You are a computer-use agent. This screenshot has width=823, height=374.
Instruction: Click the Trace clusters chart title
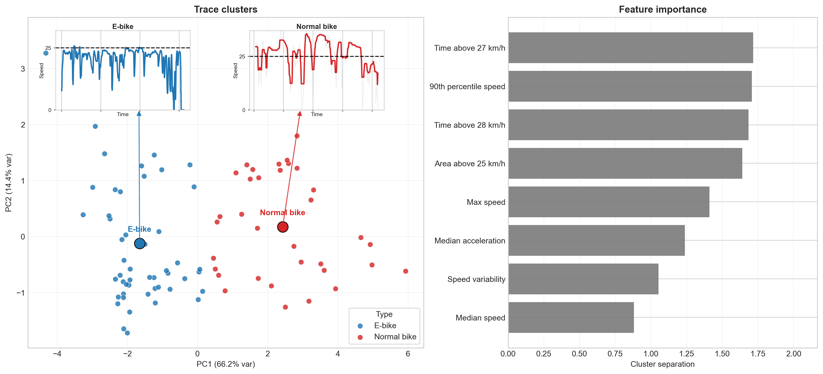tap(226, 9)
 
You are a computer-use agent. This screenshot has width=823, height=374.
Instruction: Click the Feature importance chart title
tap(662, 9)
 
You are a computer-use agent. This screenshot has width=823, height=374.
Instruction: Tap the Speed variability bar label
tap(476, 279)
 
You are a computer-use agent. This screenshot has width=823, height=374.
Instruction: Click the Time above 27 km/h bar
tap(630, 48)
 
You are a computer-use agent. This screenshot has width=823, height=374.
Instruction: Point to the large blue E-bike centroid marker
tap(140, 244)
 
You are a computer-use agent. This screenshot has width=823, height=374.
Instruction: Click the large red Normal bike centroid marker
tap(283, 227)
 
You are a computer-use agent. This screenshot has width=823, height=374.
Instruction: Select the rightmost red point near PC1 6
tap(406, 271)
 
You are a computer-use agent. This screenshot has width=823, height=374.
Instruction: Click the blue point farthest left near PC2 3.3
tap(46, 53)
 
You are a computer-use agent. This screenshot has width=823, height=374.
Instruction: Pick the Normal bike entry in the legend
tap(395, 337)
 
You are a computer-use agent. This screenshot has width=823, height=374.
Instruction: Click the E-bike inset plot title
tap(123, 26)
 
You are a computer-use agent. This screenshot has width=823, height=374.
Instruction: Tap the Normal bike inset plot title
tap(316, 26)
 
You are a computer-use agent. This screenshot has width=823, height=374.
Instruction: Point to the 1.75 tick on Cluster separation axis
tap(758, 354)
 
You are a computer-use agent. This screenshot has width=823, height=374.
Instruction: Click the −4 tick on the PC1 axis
tap(57, 354)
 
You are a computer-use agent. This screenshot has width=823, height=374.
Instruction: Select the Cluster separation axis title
tap(662, 364)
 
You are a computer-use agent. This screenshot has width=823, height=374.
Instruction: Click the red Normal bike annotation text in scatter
tap(282, 212)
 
